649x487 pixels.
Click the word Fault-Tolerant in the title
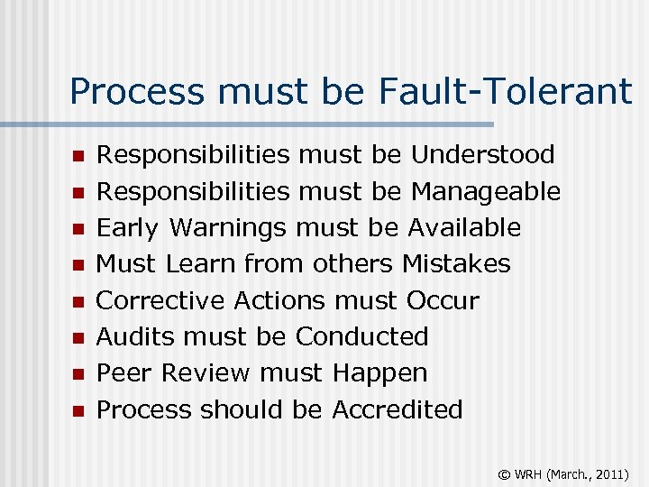507,91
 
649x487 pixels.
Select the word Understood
482,155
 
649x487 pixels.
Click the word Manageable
486,192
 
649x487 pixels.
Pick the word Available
464,227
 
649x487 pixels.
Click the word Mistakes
456,264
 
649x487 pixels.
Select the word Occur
443,300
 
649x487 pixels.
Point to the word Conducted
361,336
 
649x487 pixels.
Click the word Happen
379,372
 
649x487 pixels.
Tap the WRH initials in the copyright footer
526,472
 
